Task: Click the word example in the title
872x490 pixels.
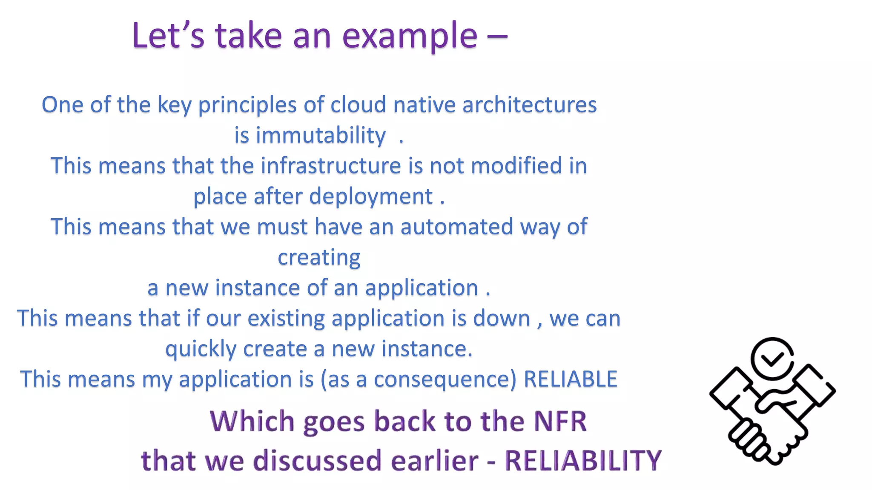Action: coord(410,36)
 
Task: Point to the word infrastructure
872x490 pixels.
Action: coord(330,165)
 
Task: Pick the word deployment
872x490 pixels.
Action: coord(371,197)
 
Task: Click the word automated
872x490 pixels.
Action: coord(456,226)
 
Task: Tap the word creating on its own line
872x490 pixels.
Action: coord(319,257)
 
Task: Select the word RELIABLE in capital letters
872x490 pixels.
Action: coord(570,379)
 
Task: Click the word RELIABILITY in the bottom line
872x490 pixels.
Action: coord(583,461)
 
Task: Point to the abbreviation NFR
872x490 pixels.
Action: coord(560,422)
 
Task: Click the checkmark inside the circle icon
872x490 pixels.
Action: coord(772,359)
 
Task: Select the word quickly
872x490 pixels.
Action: coord(201,350)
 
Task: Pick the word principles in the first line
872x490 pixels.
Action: coord(247,105)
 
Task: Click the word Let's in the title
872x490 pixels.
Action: coord(168,36)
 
